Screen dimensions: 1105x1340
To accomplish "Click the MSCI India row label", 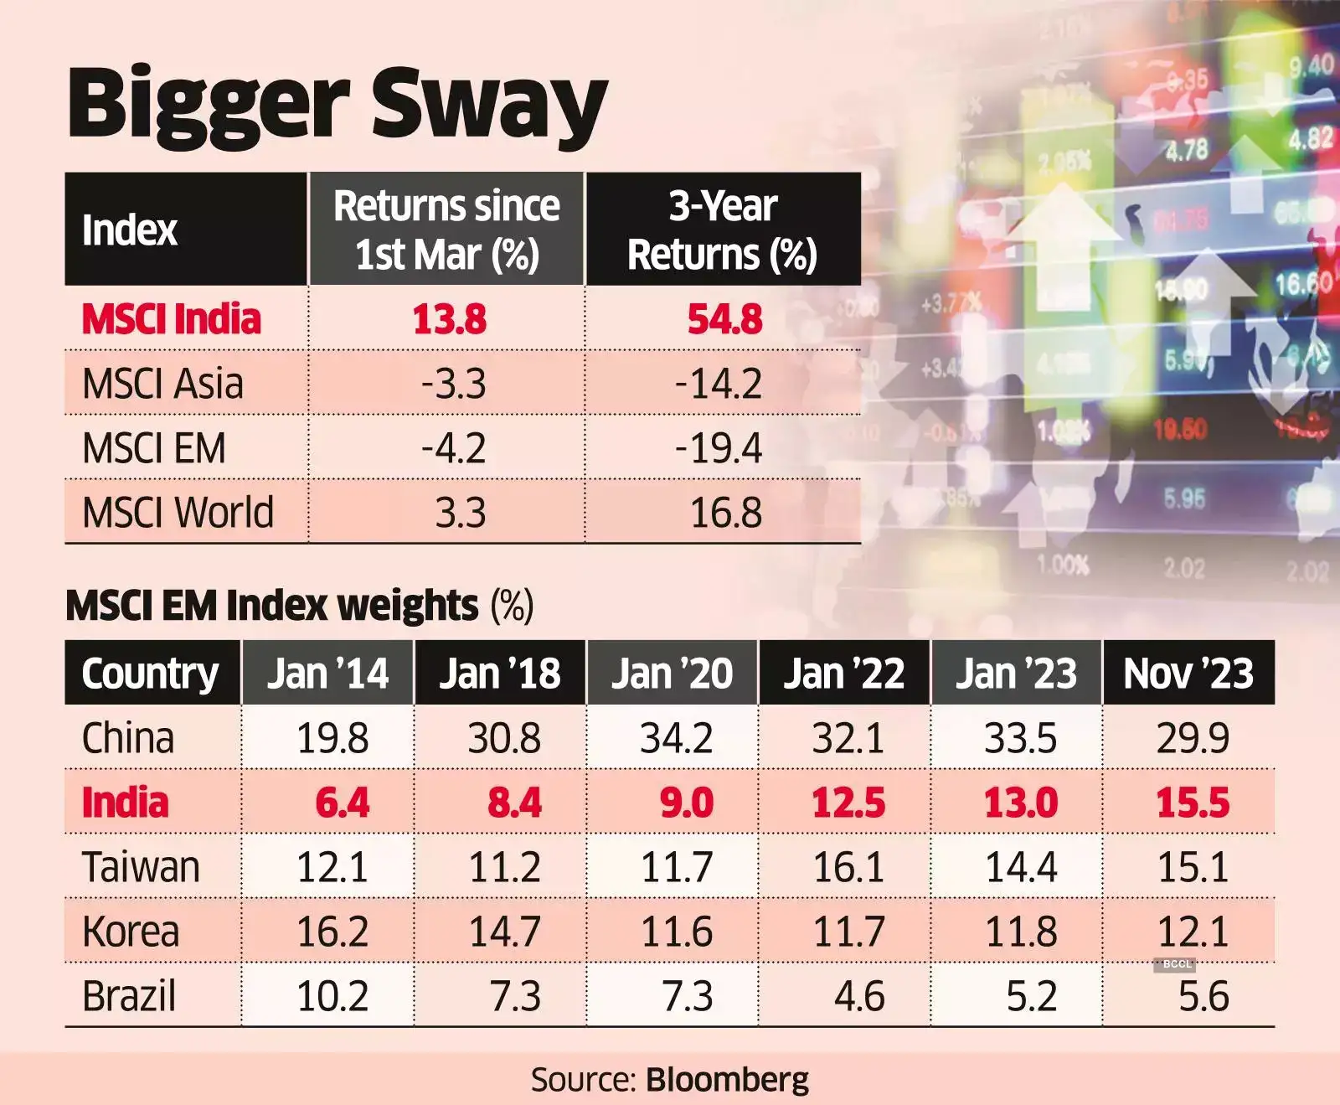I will pyautogui.click(x=172, y=319).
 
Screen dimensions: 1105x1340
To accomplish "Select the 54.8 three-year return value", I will pyautogui.click(x=724, y=319).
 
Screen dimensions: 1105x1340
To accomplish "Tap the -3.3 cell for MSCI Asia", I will pyautogui.click(x=453, y=384).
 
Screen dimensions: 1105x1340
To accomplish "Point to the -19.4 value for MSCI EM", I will pyautogui.click(x=719, y=448).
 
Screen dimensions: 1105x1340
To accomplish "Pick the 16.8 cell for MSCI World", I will pyautogui.click(x=725, y=513).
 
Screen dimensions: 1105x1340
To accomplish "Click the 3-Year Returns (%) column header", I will pyautogui.click(x=723, y=230).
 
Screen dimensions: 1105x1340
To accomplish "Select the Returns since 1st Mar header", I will pyautogui.click(x=446, y=230).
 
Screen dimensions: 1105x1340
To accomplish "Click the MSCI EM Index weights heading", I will pyautogui.click(x=272, y=605).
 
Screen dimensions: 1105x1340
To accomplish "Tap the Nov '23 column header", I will pyautogui.click(x=1188, y=673).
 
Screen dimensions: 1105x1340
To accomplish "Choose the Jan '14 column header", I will pyautogui.click(x=327, y=673).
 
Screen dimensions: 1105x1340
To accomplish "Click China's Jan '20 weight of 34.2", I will pyautogui.click(x=676, y=738).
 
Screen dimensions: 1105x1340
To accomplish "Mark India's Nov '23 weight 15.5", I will pyautogui.click(x=1193, y=803).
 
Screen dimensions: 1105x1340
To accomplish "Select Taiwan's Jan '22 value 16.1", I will pyautogui.click(x=848, y=867).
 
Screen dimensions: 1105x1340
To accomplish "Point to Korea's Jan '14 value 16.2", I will pyautogui.click(x=332, y=932).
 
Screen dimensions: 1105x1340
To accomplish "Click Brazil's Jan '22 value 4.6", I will pyautogui.click(x=859, y=996).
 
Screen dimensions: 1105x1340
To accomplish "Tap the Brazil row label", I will pyautogui.click(x=129, y=996).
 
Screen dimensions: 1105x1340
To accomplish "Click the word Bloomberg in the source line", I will pyautogui.click(x=728, y=1080).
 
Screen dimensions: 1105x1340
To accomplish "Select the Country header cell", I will pyautogui.click(x=150, y=673).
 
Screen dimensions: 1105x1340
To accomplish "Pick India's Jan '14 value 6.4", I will pyautogui.click(x=342, y=803).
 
